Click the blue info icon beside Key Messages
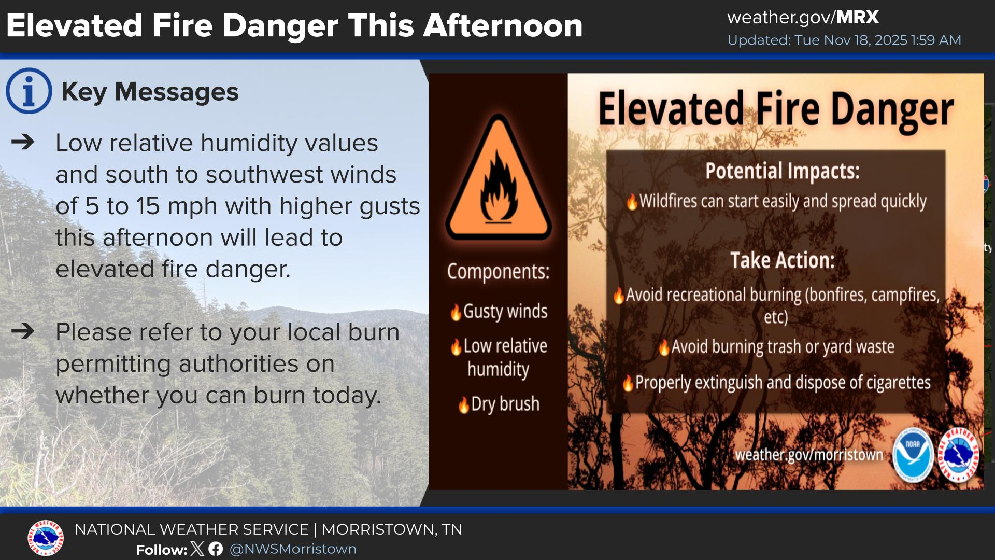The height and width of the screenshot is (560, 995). [x=29, y=91]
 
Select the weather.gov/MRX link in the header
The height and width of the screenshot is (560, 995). [x=803, y=18]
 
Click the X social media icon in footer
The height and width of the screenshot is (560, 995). [x=197, y=549]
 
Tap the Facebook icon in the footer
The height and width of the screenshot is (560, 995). [x=216, y=549]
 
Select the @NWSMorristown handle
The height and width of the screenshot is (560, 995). [x=293, y=549]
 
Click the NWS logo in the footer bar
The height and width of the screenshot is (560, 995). [x=46, y=538]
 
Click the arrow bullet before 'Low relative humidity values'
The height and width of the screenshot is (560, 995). [x=23, y=142]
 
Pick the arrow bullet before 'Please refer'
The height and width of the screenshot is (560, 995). [x=23, y=331]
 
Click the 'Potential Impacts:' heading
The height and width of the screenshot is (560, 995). [x=782, y=171]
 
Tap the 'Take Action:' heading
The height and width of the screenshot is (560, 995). [x=783, y=260]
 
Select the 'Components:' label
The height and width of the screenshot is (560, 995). [x=498, y=272]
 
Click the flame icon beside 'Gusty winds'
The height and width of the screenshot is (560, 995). [x=456, y=312]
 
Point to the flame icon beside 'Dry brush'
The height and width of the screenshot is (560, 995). [x=464, y=404]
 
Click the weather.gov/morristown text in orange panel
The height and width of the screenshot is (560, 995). [x=809, y=455]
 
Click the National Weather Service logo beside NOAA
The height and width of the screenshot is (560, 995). [x=958, y=455]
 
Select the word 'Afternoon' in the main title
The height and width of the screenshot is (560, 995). [x=503, y=26]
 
